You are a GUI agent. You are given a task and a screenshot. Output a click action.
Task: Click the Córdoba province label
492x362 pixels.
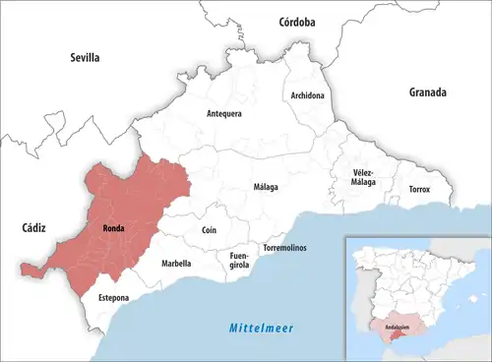coord(296,21)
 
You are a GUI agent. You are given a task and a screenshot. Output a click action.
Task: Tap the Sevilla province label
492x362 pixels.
coord(85,58)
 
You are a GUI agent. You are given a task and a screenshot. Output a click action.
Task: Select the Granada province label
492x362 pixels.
coord(428,92)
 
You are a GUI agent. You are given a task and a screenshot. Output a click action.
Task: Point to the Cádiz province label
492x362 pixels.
coord(33,227)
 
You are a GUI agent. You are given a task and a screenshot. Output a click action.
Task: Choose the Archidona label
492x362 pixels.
coord(307,95)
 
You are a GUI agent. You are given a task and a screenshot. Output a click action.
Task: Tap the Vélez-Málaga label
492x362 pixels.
coord(364,177)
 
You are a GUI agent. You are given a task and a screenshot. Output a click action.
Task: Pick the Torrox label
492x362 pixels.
coord(419,189)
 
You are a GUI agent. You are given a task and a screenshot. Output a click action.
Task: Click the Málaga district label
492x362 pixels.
coord(266,187)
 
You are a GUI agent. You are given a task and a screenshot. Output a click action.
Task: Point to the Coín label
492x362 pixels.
coord(209,229)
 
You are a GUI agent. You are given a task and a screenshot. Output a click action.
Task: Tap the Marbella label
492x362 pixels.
coord(176,264)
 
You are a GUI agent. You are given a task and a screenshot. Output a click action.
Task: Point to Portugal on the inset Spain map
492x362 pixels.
coord(360,295)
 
